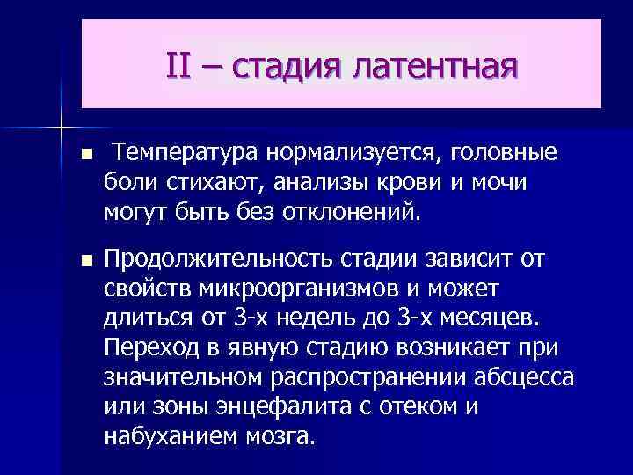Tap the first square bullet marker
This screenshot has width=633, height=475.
click(84, 156)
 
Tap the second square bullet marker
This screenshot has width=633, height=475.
click(84, 261)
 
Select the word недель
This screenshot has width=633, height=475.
click(309, 318)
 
